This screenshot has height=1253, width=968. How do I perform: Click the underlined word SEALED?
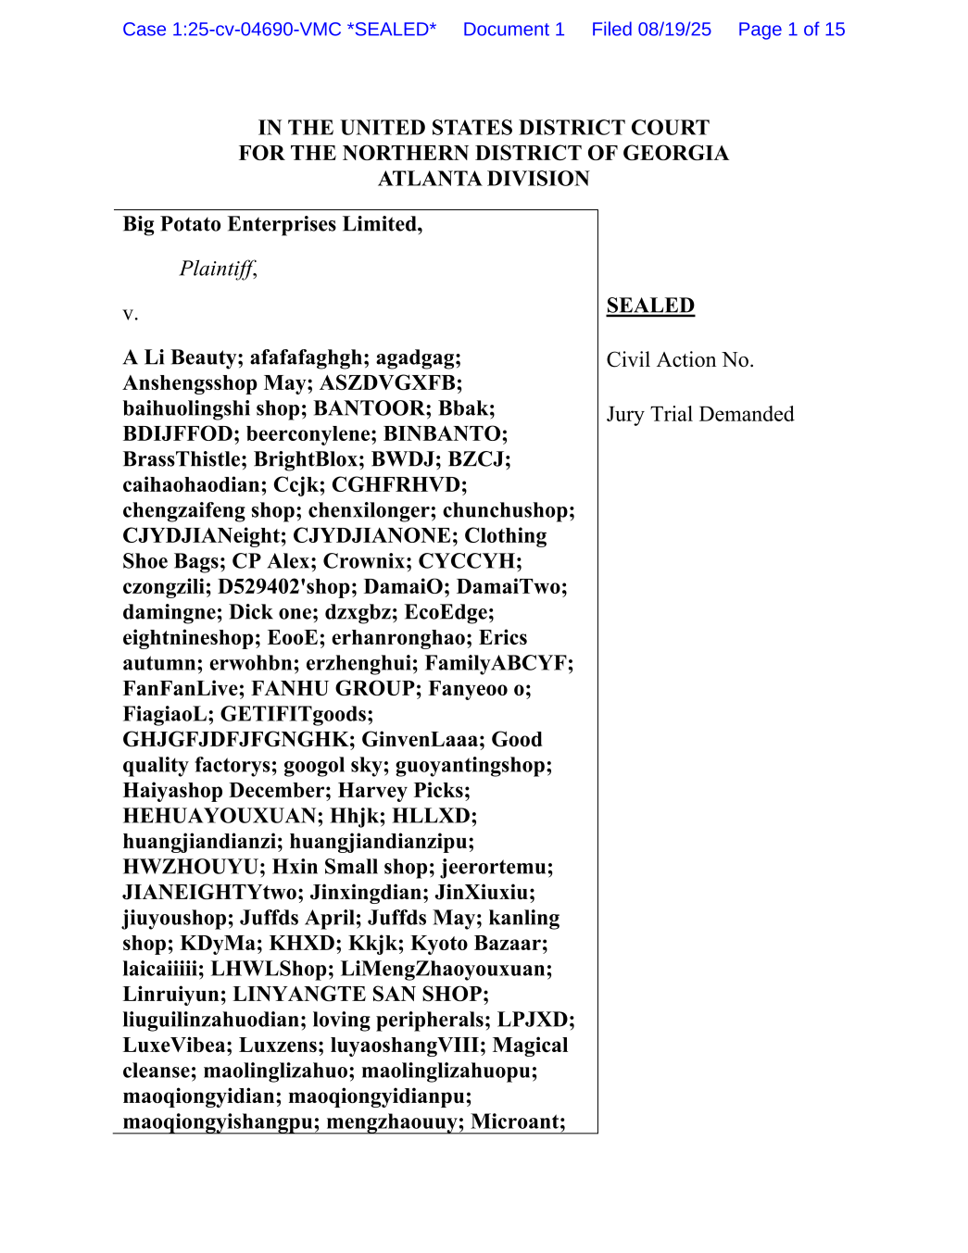tap(650, 306)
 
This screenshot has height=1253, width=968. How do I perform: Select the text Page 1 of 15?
tap(791, 30)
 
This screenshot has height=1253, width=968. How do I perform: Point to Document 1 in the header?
tap(513, 30)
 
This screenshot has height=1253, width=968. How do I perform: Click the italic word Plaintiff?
tap(218, 269)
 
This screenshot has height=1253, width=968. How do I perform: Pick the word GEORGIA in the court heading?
tap(675, 153)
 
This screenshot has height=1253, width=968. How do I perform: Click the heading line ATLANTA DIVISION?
tap(484, 179)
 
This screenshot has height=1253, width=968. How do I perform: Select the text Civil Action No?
tap(680, 359)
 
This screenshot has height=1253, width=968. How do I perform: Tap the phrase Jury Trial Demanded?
tap(700, 414)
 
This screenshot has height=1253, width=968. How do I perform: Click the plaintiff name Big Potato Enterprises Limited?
tap(271, 224)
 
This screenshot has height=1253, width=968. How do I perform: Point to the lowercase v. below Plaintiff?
tap(131, 314)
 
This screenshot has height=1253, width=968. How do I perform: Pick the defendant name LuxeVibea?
tap(175, 1045)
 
